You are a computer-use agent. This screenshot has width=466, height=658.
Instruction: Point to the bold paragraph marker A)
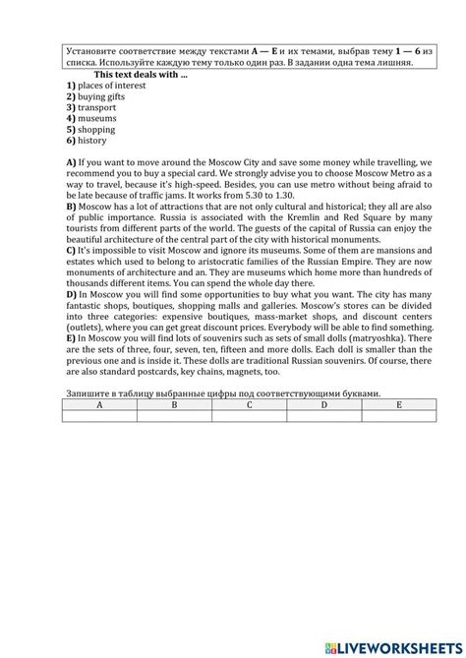click(x=71, y=161)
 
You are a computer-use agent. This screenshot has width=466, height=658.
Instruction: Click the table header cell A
click(x=100, y=404)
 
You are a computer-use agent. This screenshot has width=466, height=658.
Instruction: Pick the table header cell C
click(x=250, y=404)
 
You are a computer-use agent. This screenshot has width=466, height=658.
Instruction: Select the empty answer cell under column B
click(x=174, y=415)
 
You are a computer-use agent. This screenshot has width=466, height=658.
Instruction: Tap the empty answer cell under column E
click(x=398, y=415)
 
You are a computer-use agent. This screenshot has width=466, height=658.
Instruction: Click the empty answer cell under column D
click(x=324, y=415)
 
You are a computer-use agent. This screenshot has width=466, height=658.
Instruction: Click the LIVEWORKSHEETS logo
click(x=390, y=642)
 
